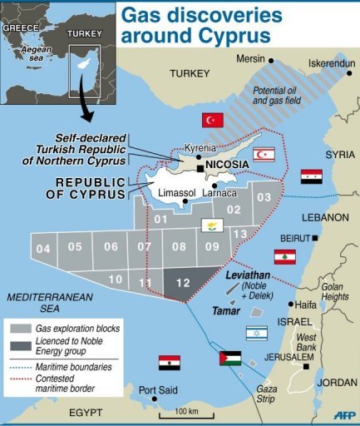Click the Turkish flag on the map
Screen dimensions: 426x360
tap(214, 120)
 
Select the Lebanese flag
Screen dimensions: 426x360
tap(285, 257)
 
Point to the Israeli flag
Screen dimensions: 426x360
tap(257, 332)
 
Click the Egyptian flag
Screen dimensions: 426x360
tap(169, 363)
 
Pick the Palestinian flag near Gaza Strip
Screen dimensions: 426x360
tap(230, 359)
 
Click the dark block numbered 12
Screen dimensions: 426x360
tap(183, 283)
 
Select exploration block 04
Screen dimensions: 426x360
tap(43, 249)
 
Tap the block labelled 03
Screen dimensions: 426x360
tap(264, 196)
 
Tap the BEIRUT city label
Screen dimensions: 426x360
tap(294, 237)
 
